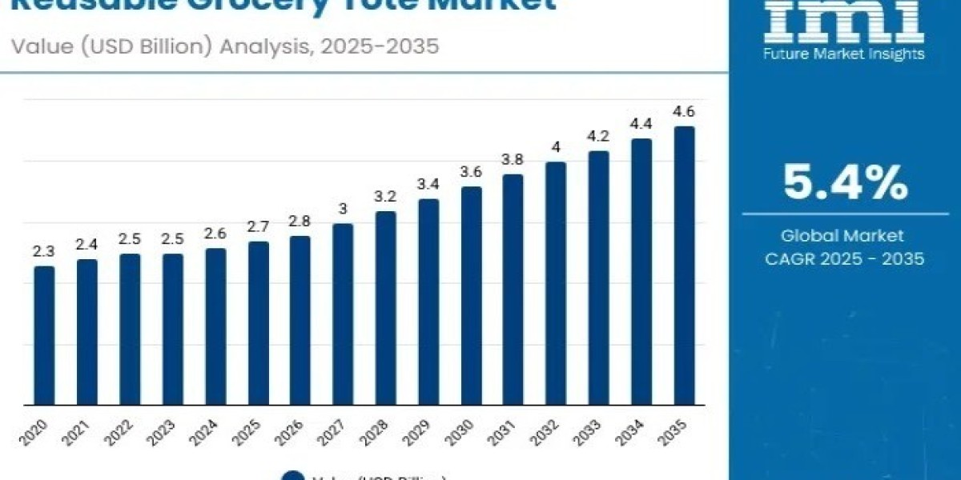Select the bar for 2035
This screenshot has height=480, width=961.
pos(684,265)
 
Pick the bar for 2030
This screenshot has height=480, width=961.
pos(471,295)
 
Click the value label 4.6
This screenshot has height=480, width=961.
pos(684,112)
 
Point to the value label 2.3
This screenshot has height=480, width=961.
pos(44,251)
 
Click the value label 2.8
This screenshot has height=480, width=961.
pos(300,222)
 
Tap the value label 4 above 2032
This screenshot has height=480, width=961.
pos(556,148)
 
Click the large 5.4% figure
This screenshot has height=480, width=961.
pos(845,183)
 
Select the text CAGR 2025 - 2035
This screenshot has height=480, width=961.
pos(845,258)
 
